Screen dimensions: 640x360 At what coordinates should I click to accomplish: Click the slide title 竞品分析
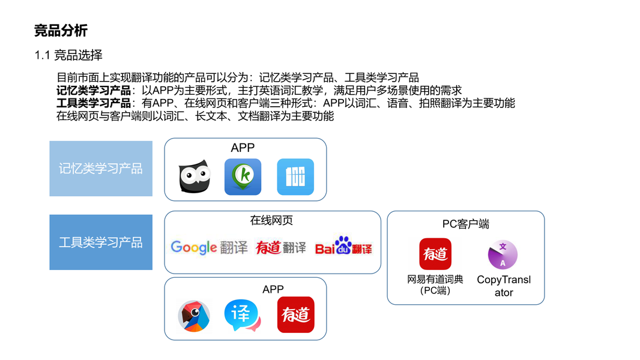click(61, 31)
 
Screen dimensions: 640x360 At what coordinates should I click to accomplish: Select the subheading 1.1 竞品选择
click(68, 55)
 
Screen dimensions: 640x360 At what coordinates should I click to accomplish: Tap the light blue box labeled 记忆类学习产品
click(101, 169)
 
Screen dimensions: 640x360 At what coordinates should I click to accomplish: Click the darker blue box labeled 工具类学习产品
click(101, 242)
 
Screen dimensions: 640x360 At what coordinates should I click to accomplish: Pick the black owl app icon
click(195, 177)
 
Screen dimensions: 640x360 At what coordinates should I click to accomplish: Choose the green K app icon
click(243, 177)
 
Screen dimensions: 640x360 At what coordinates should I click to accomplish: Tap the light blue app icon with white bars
click(295, 177)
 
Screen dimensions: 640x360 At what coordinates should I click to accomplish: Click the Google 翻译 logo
click(209, 247)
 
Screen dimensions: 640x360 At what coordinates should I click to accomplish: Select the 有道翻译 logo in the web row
click(280, 247)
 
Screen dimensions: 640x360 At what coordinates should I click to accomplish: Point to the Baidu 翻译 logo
click(343, 246)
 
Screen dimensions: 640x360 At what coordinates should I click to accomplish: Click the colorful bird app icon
click(194, 316)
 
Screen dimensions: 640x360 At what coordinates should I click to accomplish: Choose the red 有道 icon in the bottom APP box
click(295, 314)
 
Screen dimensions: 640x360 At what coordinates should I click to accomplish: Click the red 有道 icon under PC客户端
click(435, 254)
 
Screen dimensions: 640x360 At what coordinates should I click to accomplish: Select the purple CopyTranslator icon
click(503, 254)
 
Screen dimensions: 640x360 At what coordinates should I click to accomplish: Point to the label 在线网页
click(271, 220)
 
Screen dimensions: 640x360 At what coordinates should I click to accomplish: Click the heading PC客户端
click(465, 224)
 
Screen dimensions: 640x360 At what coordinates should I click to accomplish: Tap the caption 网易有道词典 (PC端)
click(435, 285)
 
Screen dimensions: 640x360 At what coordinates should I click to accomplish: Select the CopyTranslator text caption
click(504, 286)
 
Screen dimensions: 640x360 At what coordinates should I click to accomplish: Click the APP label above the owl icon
click(243, 148)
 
